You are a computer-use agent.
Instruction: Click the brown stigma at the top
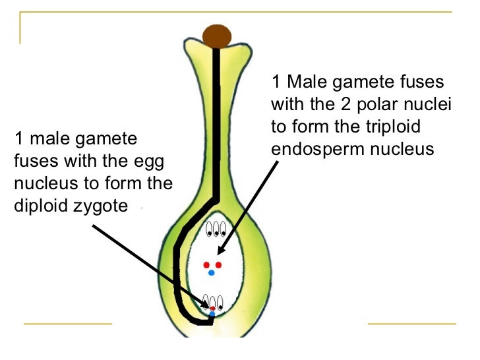[216, 36]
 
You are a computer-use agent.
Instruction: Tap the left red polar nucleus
[206, 265]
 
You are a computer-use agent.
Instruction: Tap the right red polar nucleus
[219, 265]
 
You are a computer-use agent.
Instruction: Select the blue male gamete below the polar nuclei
[211, 272]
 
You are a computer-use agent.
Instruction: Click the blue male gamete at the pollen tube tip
[212, 315]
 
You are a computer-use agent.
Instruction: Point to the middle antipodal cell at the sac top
[216, 229]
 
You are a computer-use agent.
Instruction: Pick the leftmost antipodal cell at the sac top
[209, 229]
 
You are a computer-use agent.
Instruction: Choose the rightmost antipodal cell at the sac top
[224, 229]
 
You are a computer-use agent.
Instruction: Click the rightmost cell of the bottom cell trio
[220, 304]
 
